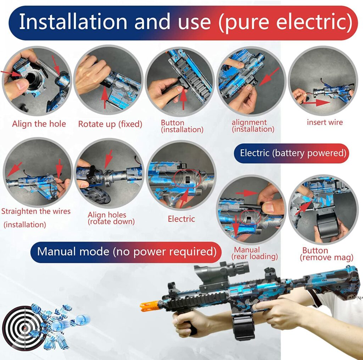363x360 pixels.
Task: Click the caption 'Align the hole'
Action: coord(39,124)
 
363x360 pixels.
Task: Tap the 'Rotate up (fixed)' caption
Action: coord(110,124)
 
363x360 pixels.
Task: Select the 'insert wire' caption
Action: coord(325,122)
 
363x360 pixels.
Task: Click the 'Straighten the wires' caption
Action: coord(36,211)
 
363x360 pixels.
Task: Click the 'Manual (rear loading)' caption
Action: coord(254,253)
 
